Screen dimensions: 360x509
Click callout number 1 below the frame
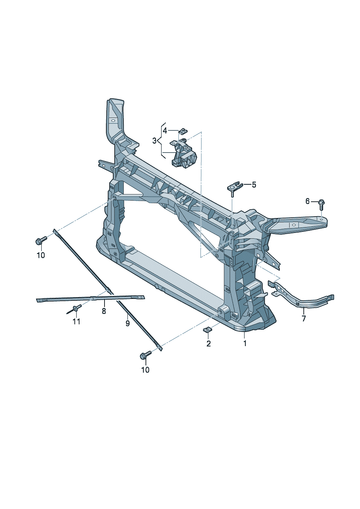[245, 343]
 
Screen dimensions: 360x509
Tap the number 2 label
[208, 343]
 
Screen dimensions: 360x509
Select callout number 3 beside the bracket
[154, 141]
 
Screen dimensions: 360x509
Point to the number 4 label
[165, 131]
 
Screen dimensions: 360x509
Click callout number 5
[254, 185]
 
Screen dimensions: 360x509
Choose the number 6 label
[307, 201]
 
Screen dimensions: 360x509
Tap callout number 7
[304, 319]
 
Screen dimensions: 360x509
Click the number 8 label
[104, 311]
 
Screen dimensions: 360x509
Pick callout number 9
[127, 323]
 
